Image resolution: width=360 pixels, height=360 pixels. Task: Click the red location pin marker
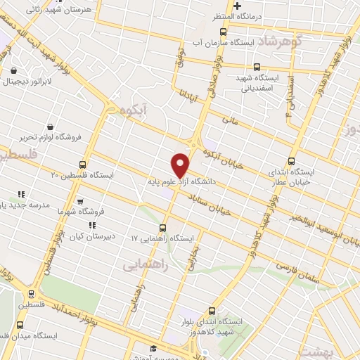(x=181, y=165)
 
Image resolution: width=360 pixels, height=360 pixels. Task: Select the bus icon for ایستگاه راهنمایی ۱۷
(x=163, y=228)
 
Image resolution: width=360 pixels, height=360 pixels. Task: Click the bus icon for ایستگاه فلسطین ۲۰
(x=83, y=165)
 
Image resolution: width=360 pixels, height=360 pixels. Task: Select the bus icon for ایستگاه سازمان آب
(x=224, y=32)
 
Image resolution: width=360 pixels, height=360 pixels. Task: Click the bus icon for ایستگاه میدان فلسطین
(x=19, y=325)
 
